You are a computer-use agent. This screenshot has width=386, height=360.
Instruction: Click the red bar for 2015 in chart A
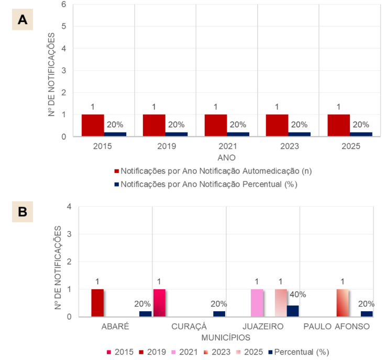[93, 125]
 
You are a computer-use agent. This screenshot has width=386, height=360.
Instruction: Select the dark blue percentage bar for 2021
[238, 134]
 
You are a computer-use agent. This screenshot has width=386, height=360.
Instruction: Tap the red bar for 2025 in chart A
[339, 125]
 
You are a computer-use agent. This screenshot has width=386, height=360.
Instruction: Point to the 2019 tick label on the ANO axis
[164, 147]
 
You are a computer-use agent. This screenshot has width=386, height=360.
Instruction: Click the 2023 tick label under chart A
[288, 147]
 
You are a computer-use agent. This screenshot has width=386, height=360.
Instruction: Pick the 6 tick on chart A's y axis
[63, 4]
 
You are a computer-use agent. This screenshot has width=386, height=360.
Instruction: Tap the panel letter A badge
[22, 20]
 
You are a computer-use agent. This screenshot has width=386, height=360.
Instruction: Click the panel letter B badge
[22, 212]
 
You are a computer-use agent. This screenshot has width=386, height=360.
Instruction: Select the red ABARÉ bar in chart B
[97, 303]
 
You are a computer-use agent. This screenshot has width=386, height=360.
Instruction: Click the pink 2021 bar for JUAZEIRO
[257, 303]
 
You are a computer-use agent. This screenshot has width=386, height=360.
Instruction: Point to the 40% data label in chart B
[297, 294]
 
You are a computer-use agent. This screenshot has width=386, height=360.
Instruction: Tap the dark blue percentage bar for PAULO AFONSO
[366, 314]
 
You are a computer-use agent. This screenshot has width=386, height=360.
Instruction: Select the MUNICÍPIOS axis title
[226, 336]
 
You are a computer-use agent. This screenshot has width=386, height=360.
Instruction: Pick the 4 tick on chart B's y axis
[69, 206]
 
